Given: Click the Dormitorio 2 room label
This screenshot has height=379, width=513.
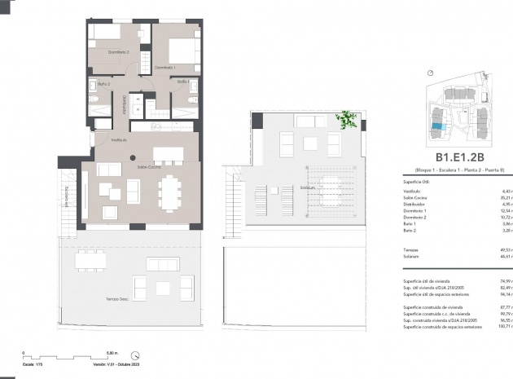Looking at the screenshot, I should pos(119,51).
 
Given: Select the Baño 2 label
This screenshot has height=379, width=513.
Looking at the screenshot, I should pos(104,84).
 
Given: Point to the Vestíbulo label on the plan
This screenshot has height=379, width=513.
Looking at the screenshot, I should pos(107,140).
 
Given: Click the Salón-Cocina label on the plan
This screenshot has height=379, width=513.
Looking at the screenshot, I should pos(147,165).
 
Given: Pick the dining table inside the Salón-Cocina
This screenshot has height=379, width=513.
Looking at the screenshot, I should pos(171,193).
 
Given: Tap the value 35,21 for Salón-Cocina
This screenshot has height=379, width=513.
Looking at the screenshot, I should pos(505,196).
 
